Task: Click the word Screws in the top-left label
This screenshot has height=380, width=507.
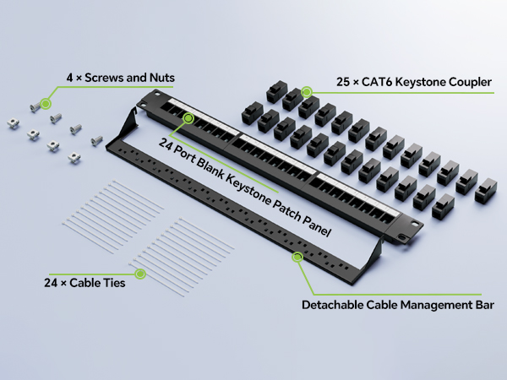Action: click(104, 78)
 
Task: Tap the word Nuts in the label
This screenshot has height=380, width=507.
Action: click(162, 78)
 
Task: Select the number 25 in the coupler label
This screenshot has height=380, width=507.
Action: click(343, 82)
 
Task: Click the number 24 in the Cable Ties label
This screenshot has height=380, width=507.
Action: click(51, 283)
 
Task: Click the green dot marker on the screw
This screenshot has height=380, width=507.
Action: click(46, 104)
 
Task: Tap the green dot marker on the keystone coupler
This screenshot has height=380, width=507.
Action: click(307, 92)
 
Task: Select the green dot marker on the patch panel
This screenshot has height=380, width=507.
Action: click(188, 118)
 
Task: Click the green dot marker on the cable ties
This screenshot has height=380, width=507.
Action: click(140, 274)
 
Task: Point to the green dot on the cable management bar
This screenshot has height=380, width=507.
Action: click(297, 258)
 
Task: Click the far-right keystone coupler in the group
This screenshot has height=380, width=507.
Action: click(486, 191)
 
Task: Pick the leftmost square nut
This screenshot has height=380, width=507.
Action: click(14, 123)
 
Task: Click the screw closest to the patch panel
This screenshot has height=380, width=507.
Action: click(96, 140)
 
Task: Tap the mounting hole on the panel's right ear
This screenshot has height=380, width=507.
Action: click(415, 225)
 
